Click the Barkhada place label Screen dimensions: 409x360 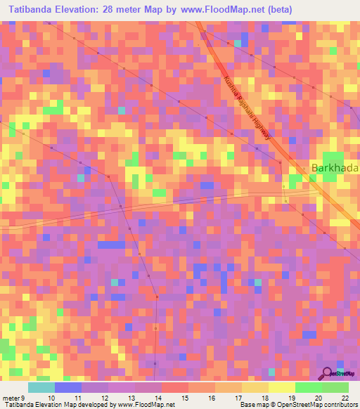(335, 169)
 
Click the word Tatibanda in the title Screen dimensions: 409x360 (30, 10)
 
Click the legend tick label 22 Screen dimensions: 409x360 (344, 397)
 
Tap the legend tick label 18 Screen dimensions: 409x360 (264, 397)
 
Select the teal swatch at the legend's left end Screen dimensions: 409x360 (41, 387)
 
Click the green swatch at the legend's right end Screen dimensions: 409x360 (335, 387)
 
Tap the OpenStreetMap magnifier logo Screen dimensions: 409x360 (327, 374)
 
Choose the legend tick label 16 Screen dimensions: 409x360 (210, 397)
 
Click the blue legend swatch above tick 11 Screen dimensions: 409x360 (68, 387)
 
